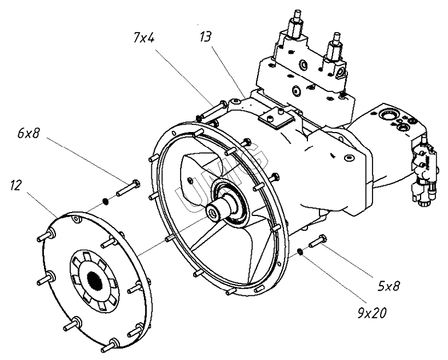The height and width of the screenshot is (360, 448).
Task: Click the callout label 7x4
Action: tap(144, 38)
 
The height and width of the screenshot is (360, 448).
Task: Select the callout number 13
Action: tap(206, 37)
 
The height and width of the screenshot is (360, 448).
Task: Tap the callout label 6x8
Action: tap(29, 134)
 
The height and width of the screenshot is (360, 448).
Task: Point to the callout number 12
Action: tap(15, 185)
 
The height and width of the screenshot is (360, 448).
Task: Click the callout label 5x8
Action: tap(389, 286)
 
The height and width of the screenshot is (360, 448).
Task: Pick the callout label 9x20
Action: tap(371, 313)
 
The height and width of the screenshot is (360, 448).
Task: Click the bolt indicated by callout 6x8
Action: tap(128, 189)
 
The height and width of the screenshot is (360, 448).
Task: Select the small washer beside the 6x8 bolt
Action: tap(105, 201)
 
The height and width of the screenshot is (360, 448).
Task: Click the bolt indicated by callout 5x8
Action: tap(318, 241)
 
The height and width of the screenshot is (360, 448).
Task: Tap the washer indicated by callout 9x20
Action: tap(299, 251)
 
